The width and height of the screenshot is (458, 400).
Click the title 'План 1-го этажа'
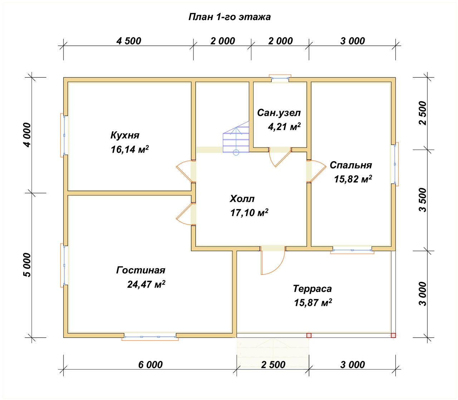229,17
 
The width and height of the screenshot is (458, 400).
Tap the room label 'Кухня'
125,135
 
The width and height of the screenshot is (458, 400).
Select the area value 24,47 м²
146,284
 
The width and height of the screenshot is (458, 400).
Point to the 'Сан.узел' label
279,113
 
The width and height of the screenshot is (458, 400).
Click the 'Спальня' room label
351,165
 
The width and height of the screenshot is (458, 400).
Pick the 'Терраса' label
312,289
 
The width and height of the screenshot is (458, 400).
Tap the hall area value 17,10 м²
249,213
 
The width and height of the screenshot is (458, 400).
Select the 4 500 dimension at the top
129,41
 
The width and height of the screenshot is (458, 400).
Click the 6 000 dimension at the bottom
150,365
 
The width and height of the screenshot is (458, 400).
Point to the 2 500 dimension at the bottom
273,365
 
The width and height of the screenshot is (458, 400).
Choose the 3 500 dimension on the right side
423,200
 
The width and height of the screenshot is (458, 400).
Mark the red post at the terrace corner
393,335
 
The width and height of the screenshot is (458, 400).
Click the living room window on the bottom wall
150,337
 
